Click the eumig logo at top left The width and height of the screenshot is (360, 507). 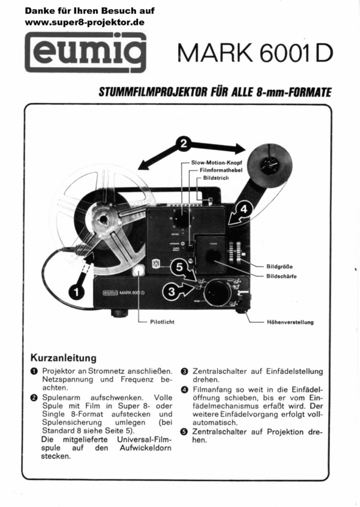tap(85, 52)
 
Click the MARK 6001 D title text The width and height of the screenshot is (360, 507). tap(255, 53)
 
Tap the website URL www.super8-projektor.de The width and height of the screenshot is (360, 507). tap(85, 22)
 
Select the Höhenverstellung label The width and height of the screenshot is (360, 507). tap(290, 322)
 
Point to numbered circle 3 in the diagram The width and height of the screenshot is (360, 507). tap(172, 292)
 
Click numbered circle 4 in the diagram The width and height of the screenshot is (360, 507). tap(243, 209)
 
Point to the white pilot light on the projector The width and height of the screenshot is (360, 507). tap(139, 271)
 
